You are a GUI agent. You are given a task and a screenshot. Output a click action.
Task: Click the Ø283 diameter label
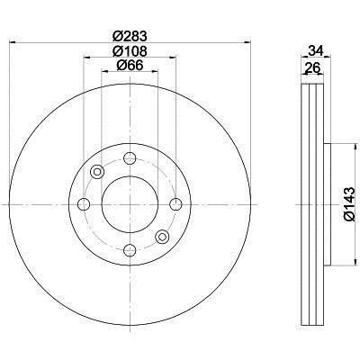pyautogui.click(x=130, y=37)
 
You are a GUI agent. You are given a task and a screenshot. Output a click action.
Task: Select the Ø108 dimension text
pyautogui.click(x=130, y=51)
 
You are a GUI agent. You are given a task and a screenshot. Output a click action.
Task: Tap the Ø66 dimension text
pyautogui.click(x=130, y=65)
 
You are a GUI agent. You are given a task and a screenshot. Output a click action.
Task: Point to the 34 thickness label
pyautogui.click(x=316, y=50)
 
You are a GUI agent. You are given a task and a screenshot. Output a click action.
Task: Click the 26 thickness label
pyautogui.click(x=312, y=67)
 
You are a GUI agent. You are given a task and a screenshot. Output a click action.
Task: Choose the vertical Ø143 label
pyautogui.click(x=350, y=204)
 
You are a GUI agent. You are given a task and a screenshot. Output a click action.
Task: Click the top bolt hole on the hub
pyautogui.click(x=130, y=157)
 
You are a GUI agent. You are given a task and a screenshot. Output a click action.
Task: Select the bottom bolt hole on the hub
pyautogui.click(x=130, y=250)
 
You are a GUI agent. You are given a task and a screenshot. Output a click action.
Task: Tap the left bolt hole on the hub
pyautogui.click(x=84, y=204)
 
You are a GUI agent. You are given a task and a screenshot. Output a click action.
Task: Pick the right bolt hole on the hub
pyautogui.click(x=175, y=204)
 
